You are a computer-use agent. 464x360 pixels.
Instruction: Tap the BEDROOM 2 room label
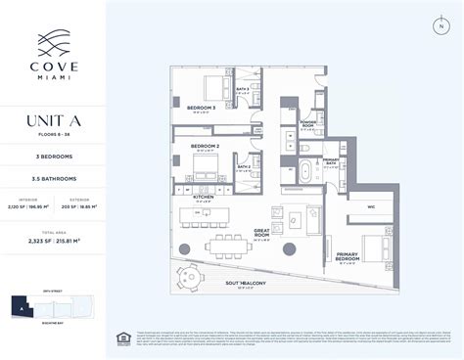click(208, 149)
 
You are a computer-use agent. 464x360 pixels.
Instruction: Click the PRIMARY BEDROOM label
click(351, 256)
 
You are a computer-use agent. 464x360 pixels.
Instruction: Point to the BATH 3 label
click(242, 89)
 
